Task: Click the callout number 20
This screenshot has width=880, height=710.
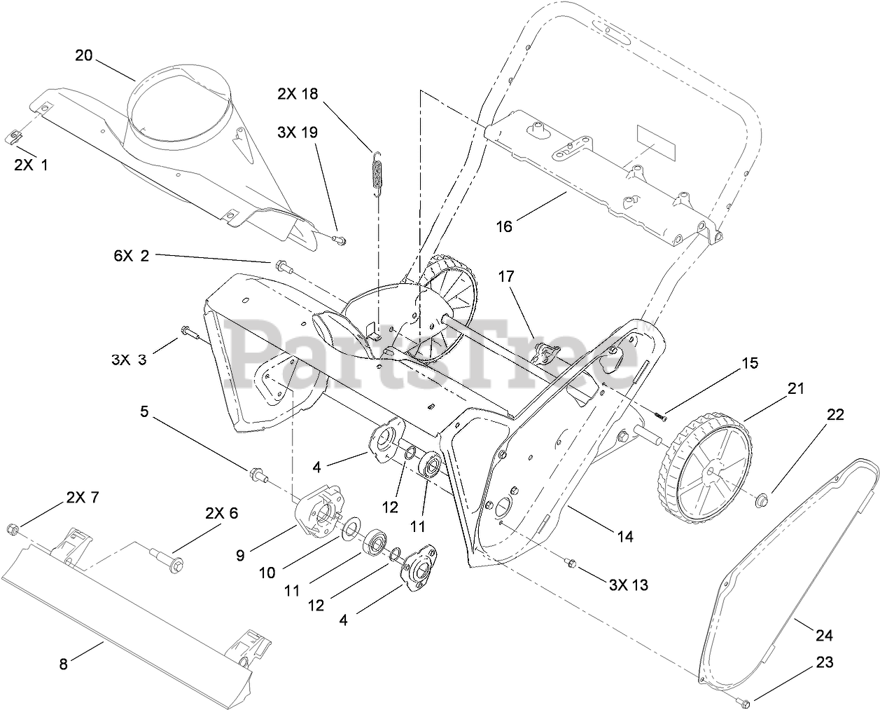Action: pyautogui.click(x=83, y=55)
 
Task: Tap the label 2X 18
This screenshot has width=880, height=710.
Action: pyautogui.click(x=298, y=94)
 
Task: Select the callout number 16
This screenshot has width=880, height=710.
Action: pyautogui.click(x=504, y=226)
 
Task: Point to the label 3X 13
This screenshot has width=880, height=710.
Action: pyautogui.click(x=627, y=585)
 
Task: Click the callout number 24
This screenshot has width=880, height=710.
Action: pyautogui.click(x=824, y=636)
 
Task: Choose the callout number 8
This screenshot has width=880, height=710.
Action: pyautogui.click(x=64, y=664)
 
